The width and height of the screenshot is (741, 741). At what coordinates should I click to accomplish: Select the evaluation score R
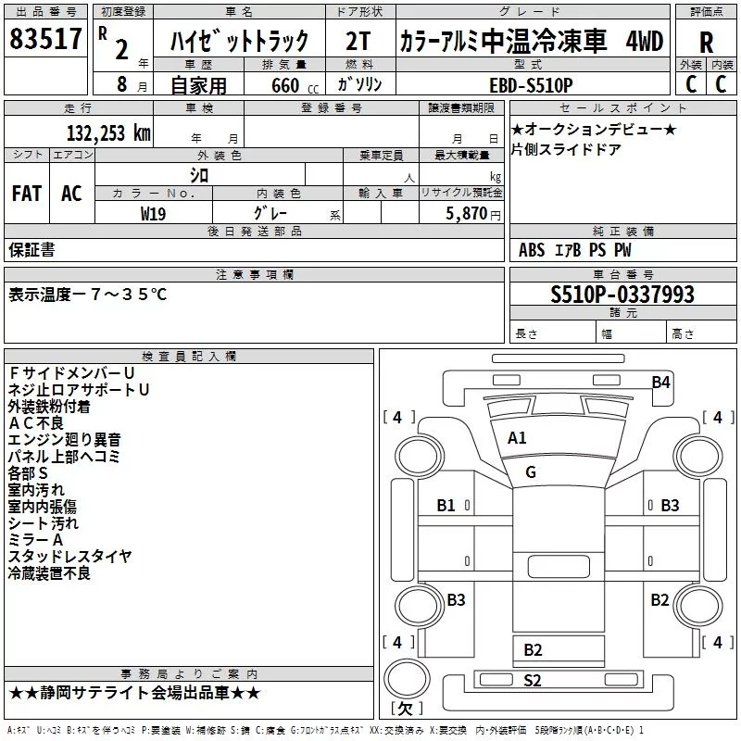706,42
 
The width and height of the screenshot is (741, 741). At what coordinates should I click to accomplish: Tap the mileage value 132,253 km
108,133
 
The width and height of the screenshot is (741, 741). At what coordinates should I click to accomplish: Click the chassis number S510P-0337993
622,295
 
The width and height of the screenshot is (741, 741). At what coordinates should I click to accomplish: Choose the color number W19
153,213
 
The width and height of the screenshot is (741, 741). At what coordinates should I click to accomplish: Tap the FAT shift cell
27,193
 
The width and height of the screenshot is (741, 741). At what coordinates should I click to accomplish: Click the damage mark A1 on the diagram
517,438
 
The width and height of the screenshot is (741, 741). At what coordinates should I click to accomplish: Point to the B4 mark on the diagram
660,382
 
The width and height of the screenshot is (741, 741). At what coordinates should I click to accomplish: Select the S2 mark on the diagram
532,681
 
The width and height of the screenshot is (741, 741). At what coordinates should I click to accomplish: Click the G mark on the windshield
531,471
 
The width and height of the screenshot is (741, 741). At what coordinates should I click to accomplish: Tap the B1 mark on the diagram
446,506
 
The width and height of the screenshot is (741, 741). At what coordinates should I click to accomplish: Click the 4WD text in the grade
645,41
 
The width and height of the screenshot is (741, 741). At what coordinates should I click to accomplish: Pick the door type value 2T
358,41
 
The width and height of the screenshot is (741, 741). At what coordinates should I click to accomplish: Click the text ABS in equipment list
532,250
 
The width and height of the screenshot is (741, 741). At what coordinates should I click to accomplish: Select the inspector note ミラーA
36,540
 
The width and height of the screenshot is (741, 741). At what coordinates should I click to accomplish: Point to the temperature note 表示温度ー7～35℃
88,295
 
